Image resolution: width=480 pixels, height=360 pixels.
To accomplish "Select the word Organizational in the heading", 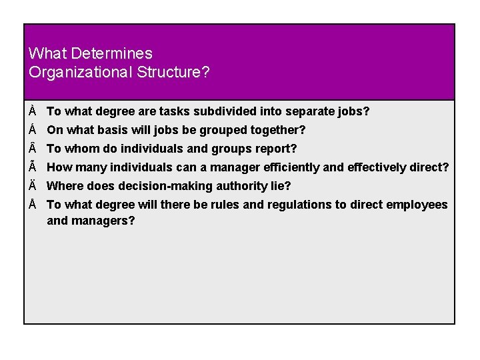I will (x=81, y=72).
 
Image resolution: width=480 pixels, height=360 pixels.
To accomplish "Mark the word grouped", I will (x=220, y=130).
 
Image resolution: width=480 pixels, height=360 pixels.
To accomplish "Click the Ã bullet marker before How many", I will (x=33, y=167).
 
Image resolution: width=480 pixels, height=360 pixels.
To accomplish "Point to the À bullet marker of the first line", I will (x=33, y=111).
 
